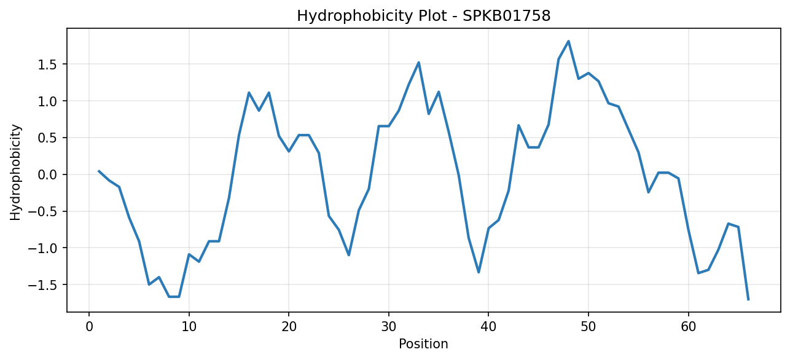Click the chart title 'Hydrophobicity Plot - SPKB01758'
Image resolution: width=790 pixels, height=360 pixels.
pyautogui.click(x=424, y=16)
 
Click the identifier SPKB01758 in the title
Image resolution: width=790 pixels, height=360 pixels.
pyautogui.click(x=506, y=16)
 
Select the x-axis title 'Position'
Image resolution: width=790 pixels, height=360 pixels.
pyautogui.click(x=423, y=344)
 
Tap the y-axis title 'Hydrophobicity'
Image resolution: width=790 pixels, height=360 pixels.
pyautogui.click(x=15, y=173)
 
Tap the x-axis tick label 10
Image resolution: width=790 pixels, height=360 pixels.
pyautogui.click(x=189, y=327)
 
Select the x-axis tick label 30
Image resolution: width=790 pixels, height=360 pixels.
pyautogui.click(x=389, y=327)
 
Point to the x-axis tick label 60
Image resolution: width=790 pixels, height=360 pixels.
pyautogui.click(x=689, y=327)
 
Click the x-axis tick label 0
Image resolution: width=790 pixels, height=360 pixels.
pyautogui.click(x=89, y=327)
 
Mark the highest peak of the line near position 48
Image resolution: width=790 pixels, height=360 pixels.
pyautogui.click(x=568, y=41)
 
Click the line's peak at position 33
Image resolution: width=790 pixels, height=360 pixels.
pyautogui.click(x=418, y=63)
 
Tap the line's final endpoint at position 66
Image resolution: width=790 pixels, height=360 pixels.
pyautogui.click(x=748, y=300)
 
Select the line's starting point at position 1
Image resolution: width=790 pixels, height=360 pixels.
pyautogui.click(x=99, y=171)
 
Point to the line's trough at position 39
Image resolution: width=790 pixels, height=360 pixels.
pyautogui.click(x=479, y=272)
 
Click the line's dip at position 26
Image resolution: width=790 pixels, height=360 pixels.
pyautogui.click(x=349, y=255)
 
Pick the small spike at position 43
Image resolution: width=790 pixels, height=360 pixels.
pyautogui.click(x=518, y=125)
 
